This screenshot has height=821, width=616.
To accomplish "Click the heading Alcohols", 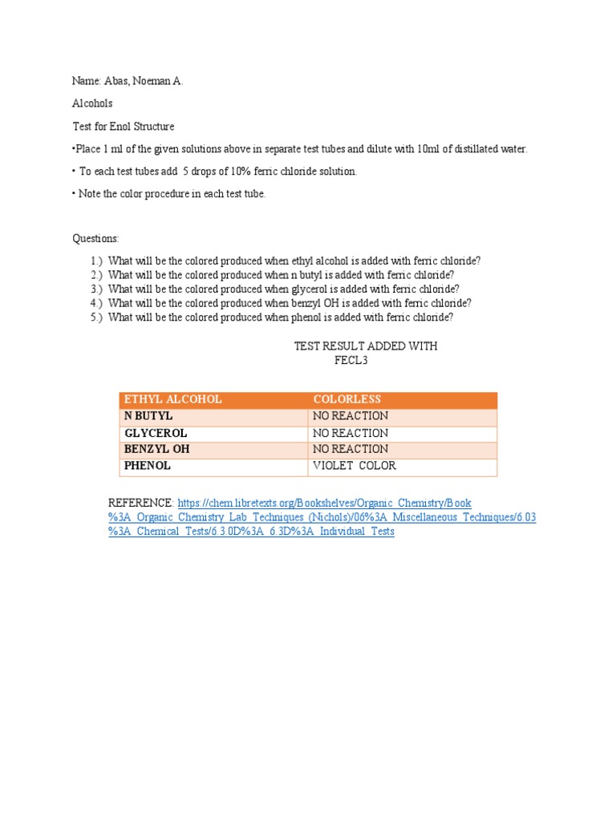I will [93, 103].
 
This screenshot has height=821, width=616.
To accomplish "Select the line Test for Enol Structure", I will [124, 126].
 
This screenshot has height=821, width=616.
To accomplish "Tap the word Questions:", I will [96, 238].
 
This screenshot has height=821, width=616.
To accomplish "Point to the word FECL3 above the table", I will [351, 361].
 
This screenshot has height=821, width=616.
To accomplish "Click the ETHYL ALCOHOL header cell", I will [172, 399].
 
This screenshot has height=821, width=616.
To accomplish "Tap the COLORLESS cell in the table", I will [347, 399].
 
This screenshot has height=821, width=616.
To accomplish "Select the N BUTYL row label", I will [148, 416].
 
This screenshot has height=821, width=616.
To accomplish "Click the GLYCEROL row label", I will [156, 433].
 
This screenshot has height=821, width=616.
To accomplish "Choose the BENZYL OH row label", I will [156, 449].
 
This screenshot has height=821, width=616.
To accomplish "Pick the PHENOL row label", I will [148, 466].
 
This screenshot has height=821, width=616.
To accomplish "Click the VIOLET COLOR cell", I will [354, 466].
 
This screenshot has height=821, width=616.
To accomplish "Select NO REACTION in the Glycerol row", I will [350, 433].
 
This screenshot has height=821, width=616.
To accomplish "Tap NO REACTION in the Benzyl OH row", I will [350, 449].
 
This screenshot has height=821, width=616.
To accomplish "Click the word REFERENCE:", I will [140, 503].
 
